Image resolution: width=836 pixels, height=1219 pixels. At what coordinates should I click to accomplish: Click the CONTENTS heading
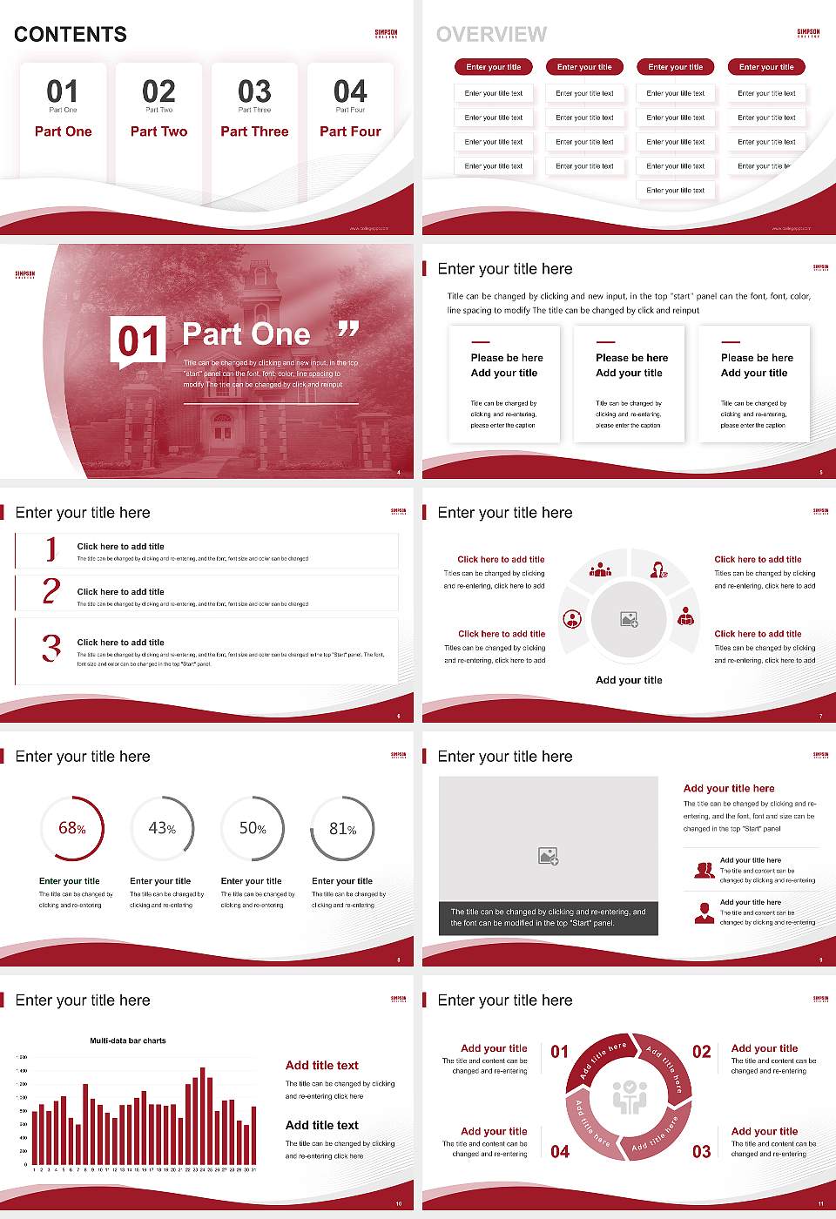[71, 35]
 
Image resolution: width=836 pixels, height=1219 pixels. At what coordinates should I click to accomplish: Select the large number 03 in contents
[254, 91]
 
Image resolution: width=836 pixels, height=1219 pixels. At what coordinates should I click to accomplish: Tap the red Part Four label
[350, 131]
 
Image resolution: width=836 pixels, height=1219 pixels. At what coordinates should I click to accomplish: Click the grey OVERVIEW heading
[491, 35]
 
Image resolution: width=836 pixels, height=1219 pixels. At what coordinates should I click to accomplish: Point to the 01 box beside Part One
[138, 341]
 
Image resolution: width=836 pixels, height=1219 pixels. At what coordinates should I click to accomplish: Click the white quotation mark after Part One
[348, 329]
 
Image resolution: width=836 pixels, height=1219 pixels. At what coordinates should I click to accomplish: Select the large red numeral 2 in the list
[51, 591]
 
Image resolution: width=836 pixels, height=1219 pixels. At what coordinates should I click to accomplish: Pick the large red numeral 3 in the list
[51, 648]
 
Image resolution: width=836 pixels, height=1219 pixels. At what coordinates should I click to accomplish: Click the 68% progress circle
[72, 828]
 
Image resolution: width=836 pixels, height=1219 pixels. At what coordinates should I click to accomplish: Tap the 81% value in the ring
[342, 829]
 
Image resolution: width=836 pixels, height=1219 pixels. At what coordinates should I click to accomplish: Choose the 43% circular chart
[162, 828]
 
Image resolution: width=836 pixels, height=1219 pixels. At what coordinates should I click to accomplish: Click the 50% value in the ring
[253, 829]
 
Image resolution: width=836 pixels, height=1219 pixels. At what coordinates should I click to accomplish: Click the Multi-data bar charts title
[128, 1041]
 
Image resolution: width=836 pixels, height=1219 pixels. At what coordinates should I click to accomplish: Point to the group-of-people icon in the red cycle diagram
[629, 1097]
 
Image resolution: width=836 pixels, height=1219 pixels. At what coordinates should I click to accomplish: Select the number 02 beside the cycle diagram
[701, 1052]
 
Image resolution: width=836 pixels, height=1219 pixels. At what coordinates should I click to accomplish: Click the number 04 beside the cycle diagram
[560, 1152]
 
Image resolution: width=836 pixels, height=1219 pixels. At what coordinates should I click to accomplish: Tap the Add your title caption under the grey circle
[629, 680]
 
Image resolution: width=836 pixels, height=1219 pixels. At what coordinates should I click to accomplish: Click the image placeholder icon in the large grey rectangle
[548, 857]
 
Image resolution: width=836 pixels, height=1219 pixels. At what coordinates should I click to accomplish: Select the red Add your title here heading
[729, 788]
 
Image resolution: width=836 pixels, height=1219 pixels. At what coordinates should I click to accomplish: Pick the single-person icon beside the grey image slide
[705, 913]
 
